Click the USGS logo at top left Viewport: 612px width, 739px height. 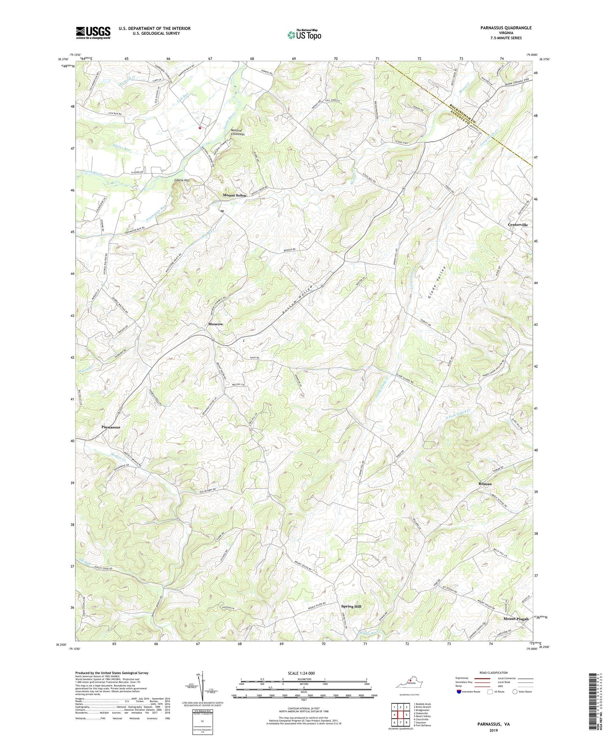coord(93,32)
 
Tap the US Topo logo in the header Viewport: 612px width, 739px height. coord(304,35)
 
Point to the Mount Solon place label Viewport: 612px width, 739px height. coord(235,196)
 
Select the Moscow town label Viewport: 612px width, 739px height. coord(215,324)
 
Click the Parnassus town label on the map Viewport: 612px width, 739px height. coord(111,427)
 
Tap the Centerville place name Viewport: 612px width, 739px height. coord(518,225)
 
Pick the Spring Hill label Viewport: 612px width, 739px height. coord(351,607)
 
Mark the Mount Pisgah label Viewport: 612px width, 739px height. coord(516,619)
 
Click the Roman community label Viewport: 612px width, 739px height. coord(485,484)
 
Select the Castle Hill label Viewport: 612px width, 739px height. coord(182,180)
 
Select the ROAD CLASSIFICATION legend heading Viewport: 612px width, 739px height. coord(494,673)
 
